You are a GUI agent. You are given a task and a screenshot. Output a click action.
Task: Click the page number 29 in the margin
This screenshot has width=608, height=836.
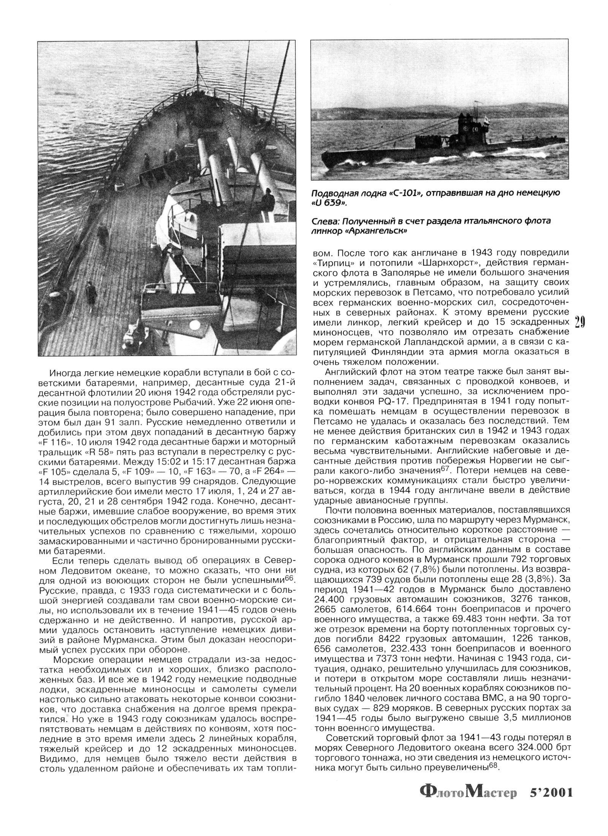[x=579, y=322]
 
